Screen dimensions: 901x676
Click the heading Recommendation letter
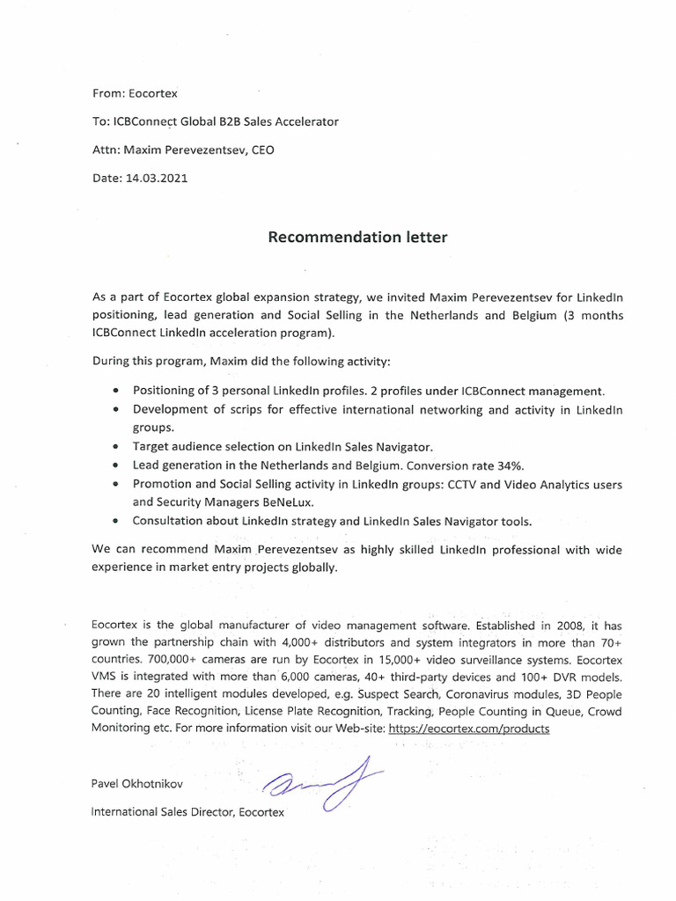coord(357,238)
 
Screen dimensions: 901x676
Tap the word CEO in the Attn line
coord(262,150)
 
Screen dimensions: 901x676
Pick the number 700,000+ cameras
coord(155,659)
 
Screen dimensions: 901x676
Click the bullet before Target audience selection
coord(117,447)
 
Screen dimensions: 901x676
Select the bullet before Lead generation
coord(117,465)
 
